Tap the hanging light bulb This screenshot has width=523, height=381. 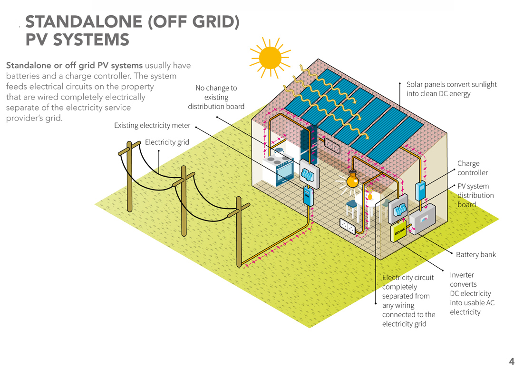tap(352, 180)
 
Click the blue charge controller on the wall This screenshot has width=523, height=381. tap(420, 190)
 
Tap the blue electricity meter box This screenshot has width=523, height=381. tap(308, 195)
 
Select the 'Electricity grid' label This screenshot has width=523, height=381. tap(167, 142)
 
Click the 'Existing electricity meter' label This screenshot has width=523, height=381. tap(152, 125)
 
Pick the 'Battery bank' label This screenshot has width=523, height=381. tap(475, 254)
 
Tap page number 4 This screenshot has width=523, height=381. tap(512, 361)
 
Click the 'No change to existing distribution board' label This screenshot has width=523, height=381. tap(216, 97)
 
